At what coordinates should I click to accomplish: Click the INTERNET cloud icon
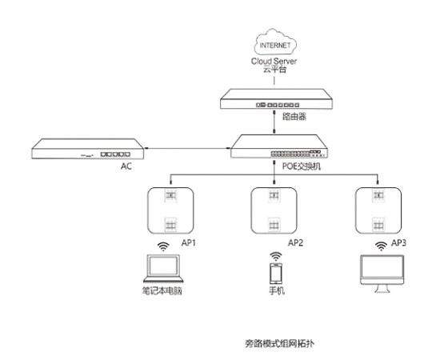coord(275,42)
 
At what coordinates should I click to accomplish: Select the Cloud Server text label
coord(274,61)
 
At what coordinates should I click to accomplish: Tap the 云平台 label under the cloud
coord(274,70)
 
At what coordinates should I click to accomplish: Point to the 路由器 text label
coord(294,116)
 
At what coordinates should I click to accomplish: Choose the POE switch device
coord(279,146)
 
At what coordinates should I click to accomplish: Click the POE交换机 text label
coord(302,166)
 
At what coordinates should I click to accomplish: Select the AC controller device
coord(87,149)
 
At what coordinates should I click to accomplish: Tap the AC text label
coord(126,166)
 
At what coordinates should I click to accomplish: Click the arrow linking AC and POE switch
coord(187,148)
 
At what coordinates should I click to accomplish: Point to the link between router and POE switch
coord(274,122)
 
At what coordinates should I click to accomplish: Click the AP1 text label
coord(188,242)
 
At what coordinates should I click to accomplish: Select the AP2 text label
coord(295,242)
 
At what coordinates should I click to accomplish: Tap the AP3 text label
coord(398,242)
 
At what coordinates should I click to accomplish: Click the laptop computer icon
coord(163,269)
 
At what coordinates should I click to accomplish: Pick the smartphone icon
coord(276,274)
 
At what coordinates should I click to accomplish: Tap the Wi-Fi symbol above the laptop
coord(163,246)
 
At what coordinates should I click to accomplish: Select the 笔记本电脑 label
coord(162,290)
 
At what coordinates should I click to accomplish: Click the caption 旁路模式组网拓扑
coord(279,343)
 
